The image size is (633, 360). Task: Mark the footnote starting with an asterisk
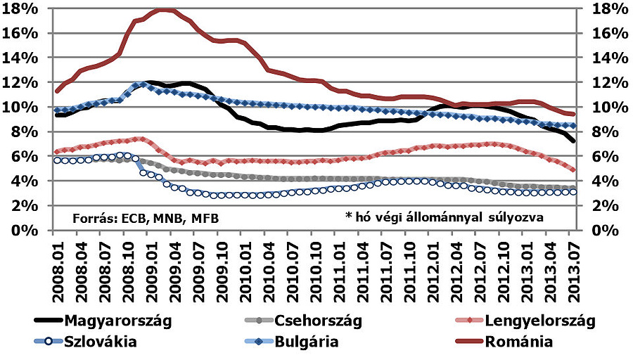pyautogui.click(x=444, y=217)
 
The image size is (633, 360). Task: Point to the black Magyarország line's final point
pyautogui.click(x=573, y=141)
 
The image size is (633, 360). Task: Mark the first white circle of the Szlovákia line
pyautogui.click(x=58, y=160)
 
